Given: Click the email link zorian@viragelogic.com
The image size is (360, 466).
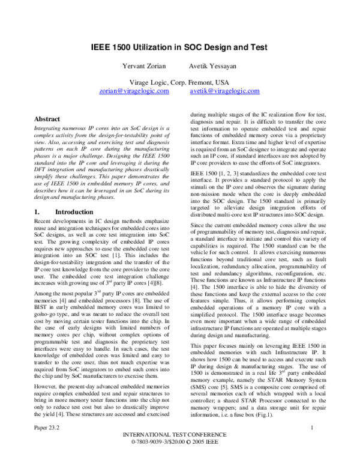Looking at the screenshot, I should click(134, 91).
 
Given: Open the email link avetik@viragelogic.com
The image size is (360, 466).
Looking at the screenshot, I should click(224, 91).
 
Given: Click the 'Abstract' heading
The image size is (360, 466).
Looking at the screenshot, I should click(47, 120).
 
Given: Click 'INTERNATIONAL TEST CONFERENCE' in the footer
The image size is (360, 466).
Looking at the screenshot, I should click(179, 450).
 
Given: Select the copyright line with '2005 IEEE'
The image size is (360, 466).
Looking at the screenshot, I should click(179, 458).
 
